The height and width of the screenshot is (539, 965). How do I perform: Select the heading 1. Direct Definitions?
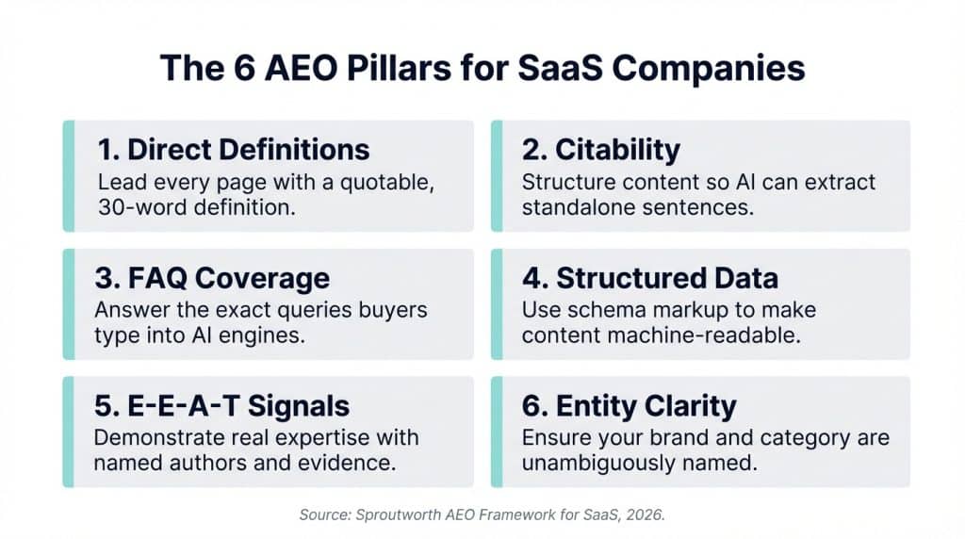[234, 149]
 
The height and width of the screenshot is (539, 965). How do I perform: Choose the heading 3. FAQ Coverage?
[214, 278]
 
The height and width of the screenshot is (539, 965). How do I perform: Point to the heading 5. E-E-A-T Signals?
[223, 406]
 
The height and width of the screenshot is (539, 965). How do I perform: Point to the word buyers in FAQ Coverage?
[390, 310]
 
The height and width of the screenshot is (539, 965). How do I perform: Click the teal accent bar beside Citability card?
[496, 176]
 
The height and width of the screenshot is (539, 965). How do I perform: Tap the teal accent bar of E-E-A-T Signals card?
[68, 433]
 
